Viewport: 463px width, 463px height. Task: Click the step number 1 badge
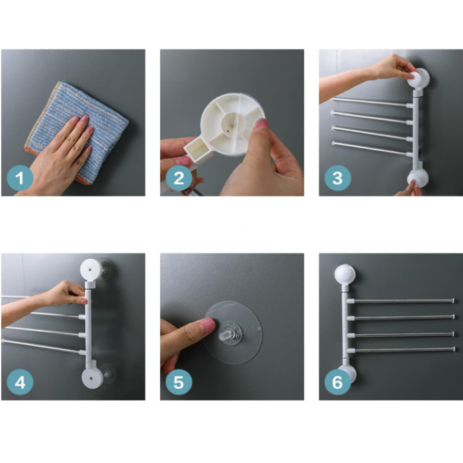click(x=20, y=177)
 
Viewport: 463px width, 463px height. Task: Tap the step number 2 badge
click(x=179, y=177)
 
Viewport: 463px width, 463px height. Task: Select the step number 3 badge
click(x=337, y=177)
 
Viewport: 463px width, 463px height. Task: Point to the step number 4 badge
click(x=20, y=382)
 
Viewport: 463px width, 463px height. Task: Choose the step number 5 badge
click(x=179, y=382)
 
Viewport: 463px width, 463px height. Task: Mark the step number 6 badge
click(x=337, y=382)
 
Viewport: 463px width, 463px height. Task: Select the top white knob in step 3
click(x=418, y=79)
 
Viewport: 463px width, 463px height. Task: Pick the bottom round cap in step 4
click(x=91, y=379)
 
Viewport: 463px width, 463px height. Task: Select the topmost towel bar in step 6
click(x=403, y=301)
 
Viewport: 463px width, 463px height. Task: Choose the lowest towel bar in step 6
click(x=403, y=349)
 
